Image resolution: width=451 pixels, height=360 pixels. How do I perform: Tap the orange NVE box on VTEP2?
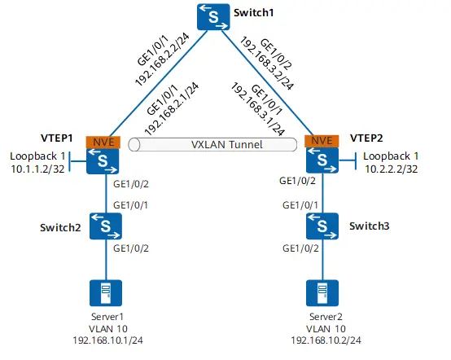click(321, 143)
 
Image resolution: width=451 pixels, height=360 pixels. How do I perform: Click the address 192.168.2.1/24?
click(171, 109)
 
